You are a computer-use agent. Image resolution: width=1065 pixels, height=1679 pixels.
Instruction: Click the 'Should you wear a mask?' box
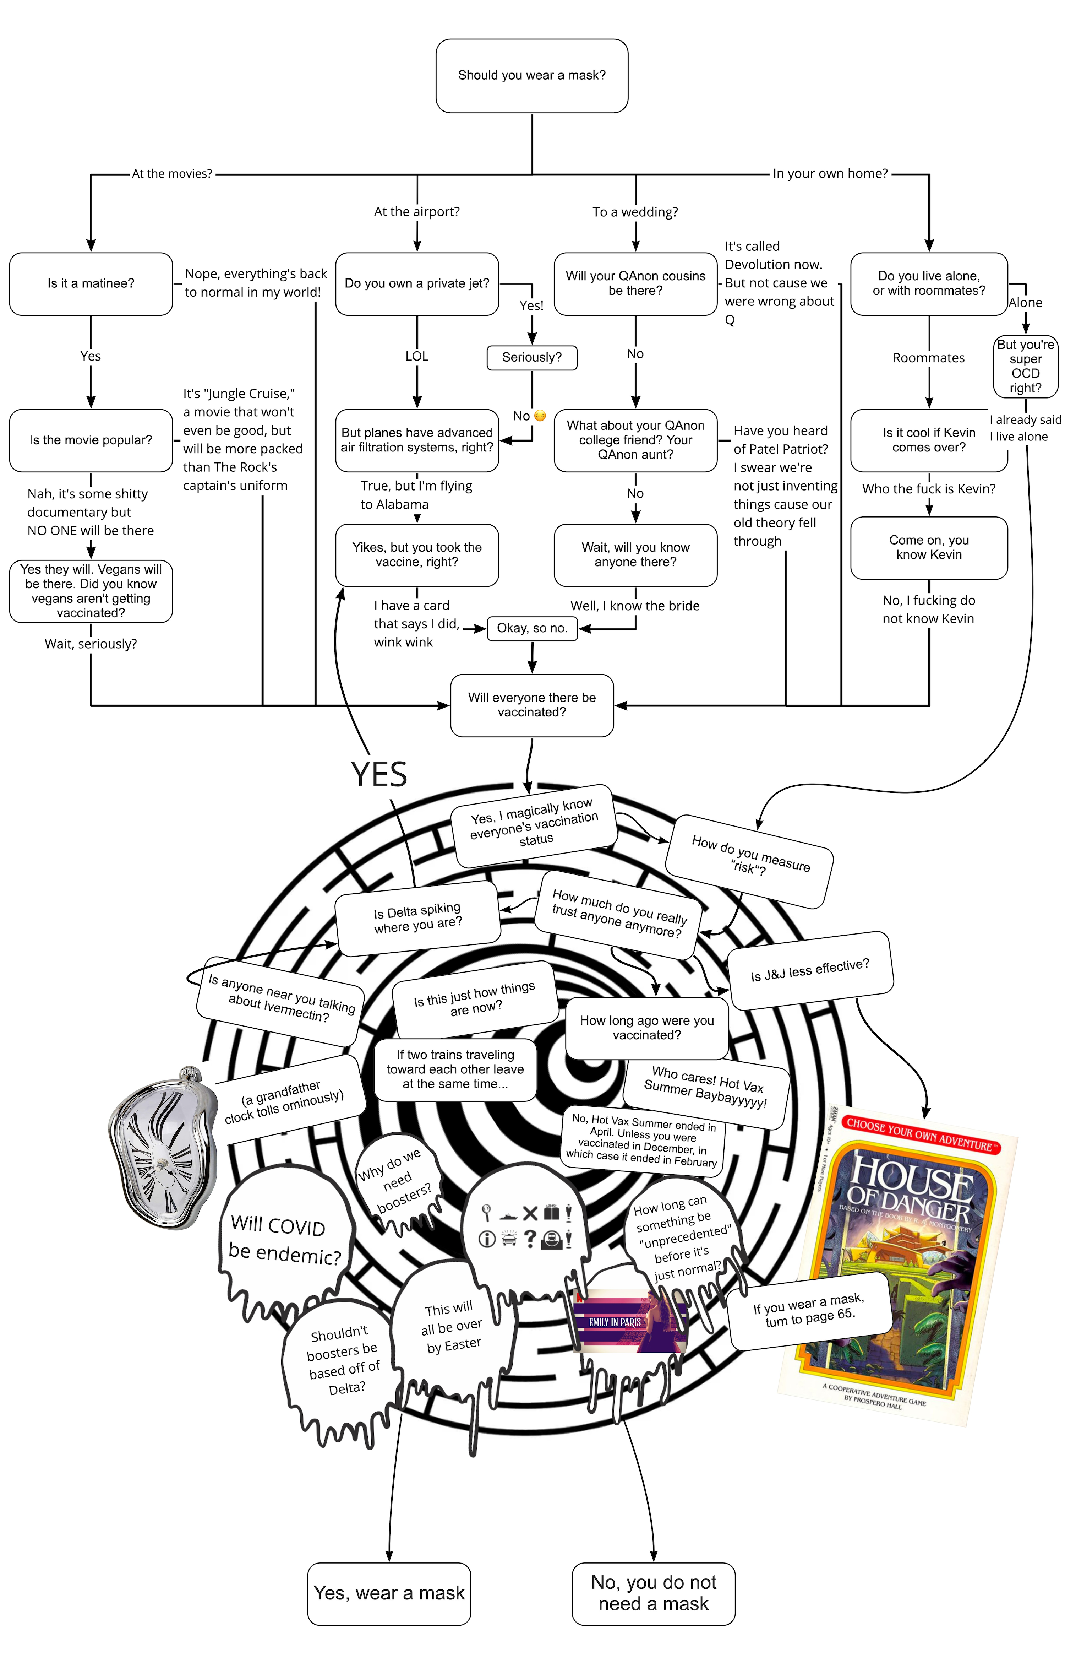[532, 75]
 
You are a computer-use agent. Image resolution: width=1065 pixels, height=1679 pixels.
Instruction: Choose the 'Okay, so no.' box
[532, 628]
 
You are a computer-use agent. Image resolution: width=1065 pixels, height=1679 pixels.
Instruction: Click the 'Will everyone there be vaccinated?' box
[532, 705]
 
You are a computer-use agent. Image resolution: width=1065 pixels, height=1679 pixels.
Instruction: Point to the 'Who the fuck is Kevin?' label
[928, 489]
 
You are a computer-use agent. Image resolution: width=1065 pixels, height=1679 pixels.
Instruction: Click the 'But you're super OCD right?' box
[1025, 366]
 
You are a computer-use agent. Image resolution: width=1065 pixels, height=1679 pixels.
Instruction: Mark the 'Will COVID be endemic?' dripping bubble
[286, 1237]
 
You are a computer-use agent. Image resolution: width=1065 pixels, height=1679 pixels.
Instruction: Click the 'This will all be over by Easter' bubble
[452, 1328]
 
